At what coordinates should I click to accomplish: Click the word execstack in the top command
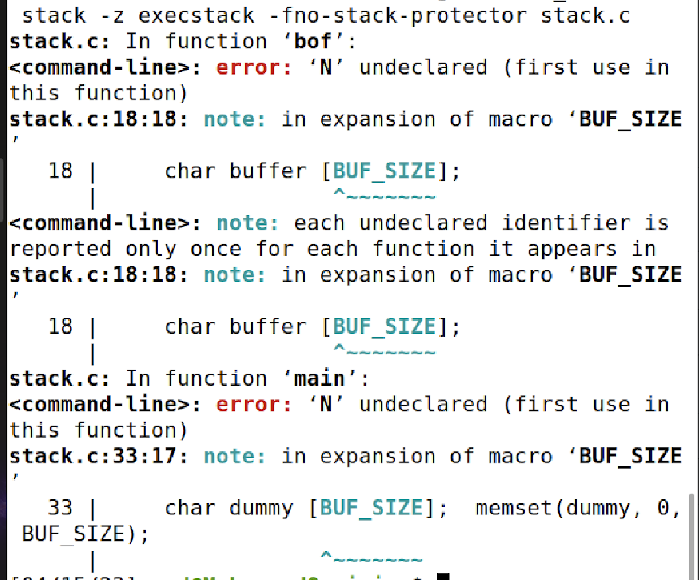pos(196,15)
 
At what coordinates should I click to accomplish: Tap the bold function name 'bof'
pos(313,41)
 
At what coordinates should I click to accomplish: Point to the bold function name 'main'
pos(320,378)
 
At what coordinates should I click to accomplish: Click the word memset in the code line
pos(514,508)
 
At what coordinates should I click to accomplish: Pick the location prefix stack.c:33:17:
pos(98,456)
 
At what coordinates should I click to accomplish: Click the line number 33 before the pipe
pos(60,508)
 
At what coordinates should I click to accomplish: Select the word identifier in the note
pos(566,223)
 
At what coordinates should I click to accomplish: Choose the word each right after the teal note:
pos(319,223)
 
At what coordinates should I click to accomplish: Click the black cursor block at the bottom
pos(443,577)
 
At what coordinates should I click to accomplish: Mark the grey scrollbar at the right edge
pos(691,534)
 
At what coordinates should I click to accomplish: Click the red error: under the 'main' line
pos(254,404)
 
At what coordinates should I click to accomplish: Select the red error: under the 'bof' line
pos(254,67)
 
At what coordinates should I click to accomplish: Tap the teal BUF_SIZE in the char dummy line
pos(371,508)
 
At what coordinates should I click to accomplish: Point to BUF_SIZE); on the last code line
pos(85,534)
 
